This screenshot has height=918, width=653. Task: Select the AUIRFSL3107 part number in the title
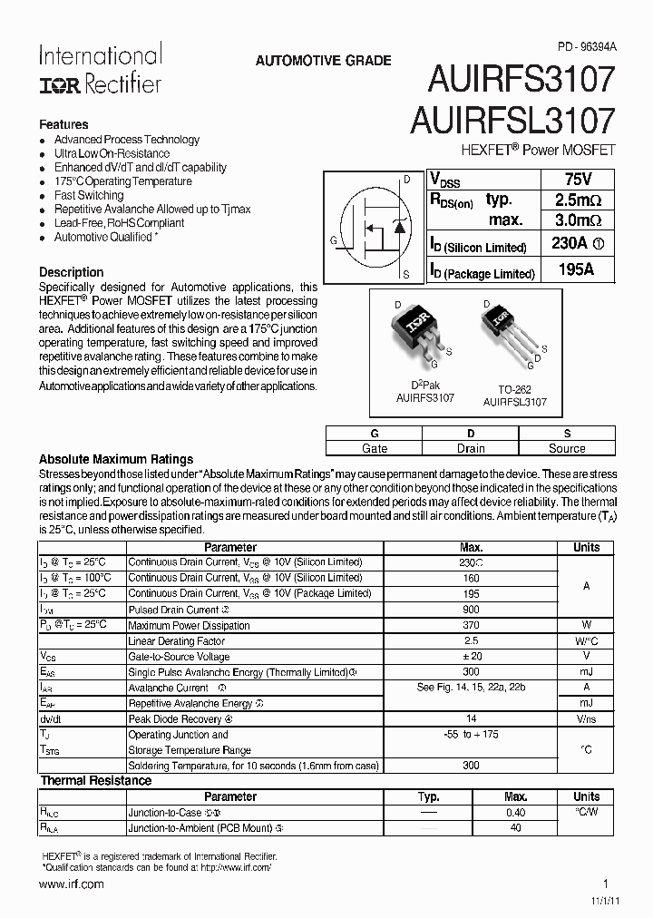click(x=513, y=122)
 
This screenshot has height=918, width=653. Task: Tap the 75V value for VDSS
click(x=573, y=179)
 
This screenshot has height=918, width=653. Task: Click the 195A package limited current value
click(x=573, y=269)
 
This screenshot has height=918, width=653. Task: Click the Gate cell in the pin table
click(x=374, y=448)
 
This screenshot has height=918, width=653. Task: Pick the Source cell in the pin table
click(x=567, y=448)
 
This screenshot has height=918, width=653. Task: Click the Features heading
click(x=63, y=124)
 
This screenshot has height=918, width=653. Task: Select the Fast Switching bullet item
click(x=89, y=195)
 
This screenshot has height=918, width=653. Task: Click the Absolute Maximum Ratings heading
click(x=116, y=459)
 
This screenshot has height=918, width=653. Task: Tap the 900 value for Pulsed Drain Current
click(x=471, y=610)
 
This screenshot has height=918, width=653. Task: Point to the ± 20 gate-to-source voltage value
click(x=471, y=656)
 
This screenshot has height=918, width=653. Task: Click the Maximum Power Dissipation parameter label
click(x=188, y=625)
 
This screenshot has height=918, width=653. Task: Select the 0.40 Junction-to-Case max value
click(x=515, y=812)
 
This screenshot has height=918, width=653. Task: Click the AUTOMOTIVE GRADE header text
click(x=324, y=61)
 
